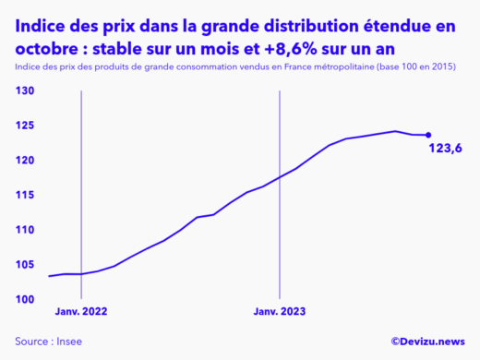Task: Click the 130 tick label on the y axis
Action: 24,91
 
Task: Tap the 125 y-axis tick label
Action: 24,126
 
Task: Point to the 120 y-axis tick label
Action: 24,161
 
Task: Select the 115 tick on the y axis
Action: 24,195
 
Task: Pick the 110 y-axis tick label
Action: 24,230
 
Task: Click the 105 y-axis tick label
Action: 24,265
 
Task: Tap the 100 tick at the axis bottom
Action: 24,299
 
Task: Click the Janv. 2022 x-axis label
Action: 81,312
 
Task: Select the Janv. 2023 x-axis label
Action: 280,312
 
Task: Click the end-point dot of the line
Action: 428,136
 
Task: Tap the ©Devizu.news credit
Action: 427,341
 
